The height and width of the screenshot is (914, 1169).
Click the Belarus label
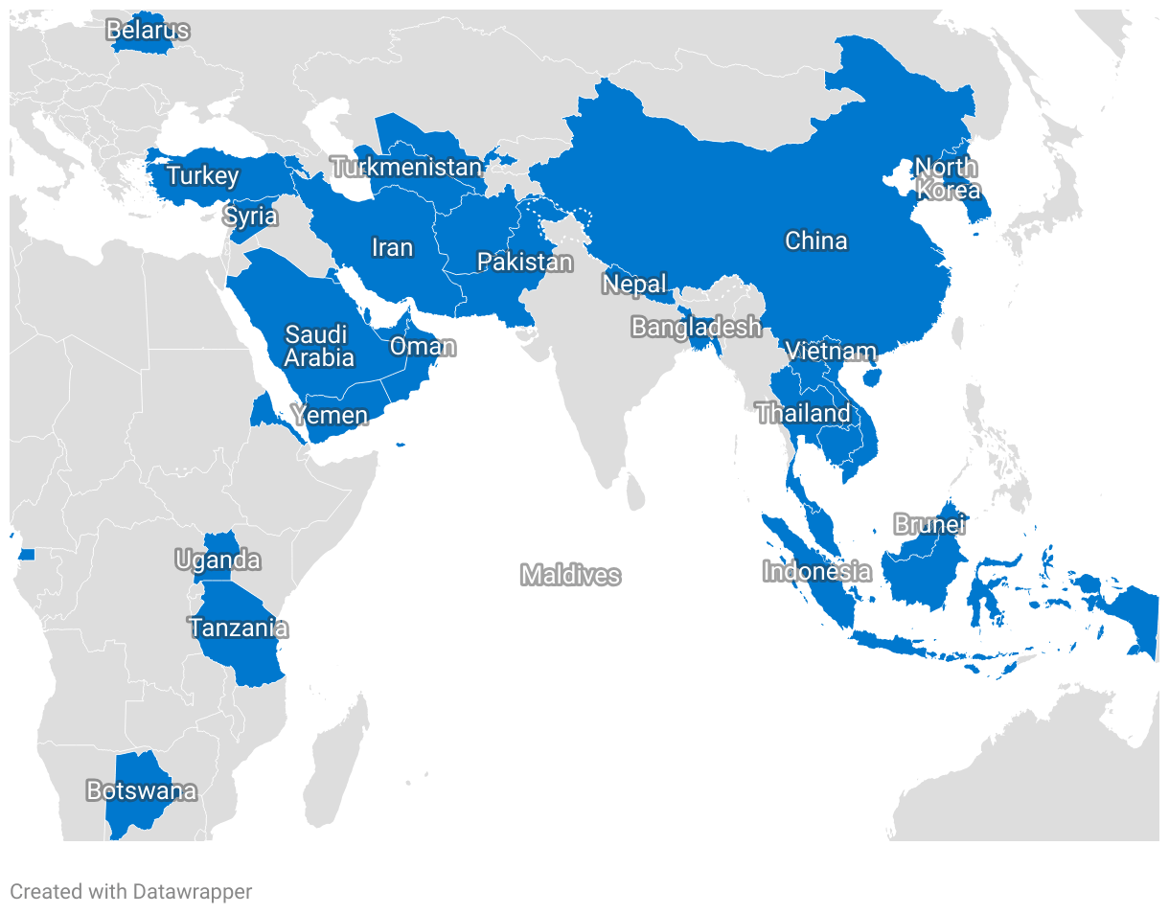point(148,31)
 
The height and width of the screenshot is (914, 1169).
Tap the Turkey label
point(203,176)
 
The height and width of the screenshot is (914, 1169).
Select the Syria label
point(251,217)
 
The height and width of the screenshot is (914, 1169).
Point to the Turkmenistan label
point(406,168)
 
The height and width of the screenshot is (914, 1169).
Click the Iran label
point(392,248)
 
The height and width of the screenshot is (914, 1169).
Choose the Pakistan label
point(525,262)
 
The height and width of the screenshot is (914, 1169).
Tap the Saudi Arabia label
point(319,346)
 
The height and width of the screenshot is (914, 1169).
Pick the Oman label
point(422,346)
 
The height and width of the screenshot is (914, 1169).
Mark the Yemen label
point(330,415)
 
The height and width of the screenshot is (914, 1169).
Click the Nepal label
point(634,285)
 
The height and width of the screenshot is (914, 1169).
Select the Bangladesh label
point(697,328)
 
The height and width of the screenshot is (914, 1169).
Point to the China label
point(816,240)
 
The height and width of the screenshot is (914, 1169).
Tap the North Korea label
point(947,178)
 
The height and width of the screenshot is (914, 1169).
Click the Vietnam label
point(831,352)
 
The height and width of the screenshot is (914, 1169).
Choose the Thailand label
point(803,414)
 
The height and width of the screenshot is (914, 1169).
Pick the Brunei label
point(929,525)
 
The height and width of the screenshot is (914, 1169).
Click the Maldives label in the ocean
point(571,575)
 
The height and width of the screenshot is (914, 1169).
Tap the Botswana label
point(142,791)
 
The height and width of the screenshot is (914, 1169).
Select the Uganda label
point(218,560)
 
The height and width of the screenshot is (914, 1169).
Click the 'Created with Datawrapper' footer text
point(131,892)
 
